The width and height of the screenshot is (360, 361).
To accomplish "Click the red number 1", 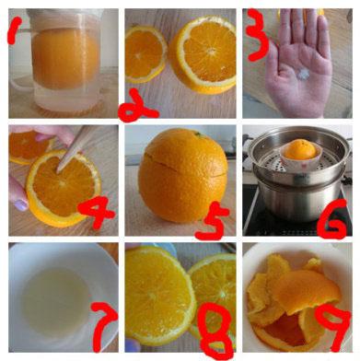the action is point(14,29).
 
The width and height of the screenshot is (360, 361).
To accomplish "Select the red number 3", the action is point(258,35).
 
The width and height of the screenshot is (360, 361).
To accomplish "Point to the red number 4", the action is point(96,211).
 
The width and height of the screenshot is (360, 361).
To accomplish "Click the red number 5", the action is point(213,220).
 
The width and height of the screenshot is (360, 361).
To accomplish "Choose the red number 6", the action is point(332,219).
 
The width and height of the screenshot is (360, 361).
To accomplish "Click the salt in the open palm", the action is point(302,74).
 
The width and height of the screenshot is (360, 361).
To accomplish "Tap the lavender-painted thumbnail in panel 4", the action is point(21,205).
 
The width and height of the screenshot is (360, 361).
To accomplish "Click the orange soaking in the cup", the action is point(65,58).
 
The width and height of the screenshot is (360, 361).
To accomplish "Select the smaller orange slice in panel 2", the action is point(145,54).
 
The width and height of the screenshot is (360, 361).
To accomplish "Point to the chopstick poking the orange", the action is point(72,148).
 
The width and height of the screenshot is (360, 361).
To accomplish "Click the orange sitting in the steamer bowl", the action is point(300,149).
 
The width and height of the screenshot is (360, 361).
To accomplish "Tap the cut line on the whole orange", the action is point(182,164).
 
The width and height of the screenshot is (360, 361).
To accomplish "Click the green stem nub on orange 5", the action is point(197,134).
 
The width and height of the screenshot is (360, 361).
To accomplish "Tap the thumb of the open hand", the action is point(273,63).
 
